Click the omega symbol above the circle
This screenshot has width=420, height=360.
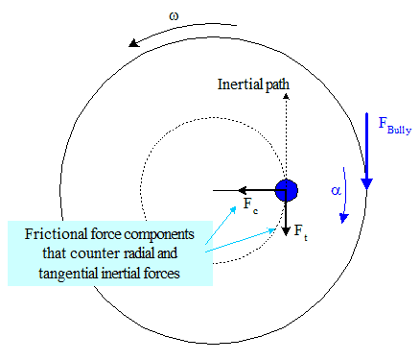click(174, 16)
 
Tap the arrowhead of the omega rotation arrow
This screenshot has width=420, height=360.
click(134, 43)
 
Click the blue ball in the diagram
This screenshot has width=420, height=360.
click(287, 190)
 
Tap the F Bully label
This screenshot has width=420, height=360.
click(395, 126)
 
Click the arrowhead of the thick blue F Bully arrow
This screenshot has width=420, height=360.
click(367, 184)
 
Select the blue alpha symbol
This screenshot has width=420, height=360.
click(336, 191)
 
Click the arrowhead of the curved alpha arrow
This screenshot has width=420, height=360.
click(343, 218)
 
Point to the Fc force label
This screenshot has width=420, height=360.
click(250, 204)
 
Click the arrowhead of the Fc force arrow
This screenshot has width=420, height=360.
click(243, 190)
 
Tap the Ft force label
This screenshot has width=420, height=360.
click(301, 232)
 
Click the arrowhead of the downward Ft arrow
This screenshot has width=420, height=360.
click(286, 231)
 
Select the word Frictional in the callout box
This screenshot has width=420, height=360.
click(57, 234)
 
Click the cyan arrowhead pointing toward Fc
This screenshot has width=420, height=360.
click(233, 210)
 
